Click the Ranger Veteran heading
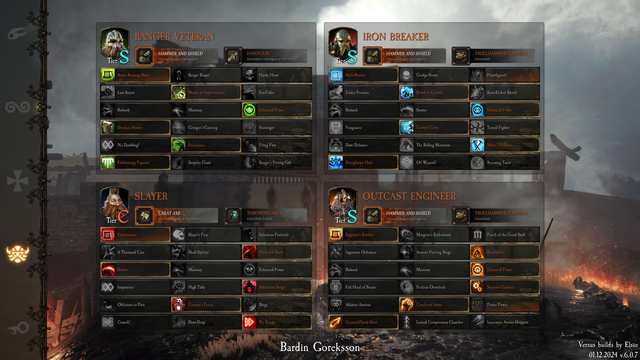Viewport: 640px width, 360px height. coord(174,37)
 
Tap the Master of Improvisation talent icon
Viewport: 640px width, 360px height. coord(179,93)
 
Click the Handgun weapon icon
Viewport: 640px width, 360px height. coord(233,56)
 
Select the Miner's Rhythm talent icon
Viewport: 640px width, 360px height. coord(477,145)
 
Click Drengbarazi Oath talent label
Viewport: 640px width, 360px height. coord(359,163)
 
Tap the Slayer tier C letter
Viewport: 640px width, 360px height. coord(123,217)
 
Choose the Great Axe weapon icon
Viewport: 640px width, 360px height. coord(144,216)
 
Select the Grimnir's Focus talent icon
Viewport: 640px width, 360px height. coord(179,305)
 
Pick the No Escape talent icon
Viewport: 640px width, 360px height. coord(249,322)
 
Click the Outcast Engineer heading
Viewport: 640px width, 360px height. coord(409,196)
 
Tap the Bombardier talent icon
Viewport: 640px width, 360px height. coord(477,252)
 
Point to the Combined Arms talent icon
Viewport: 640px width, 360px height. coord(407,305)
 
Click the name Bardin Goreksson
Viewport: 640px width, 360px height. coord(320,347)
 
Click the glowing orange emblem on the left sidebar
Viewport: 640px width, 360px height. coord(17,254)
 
